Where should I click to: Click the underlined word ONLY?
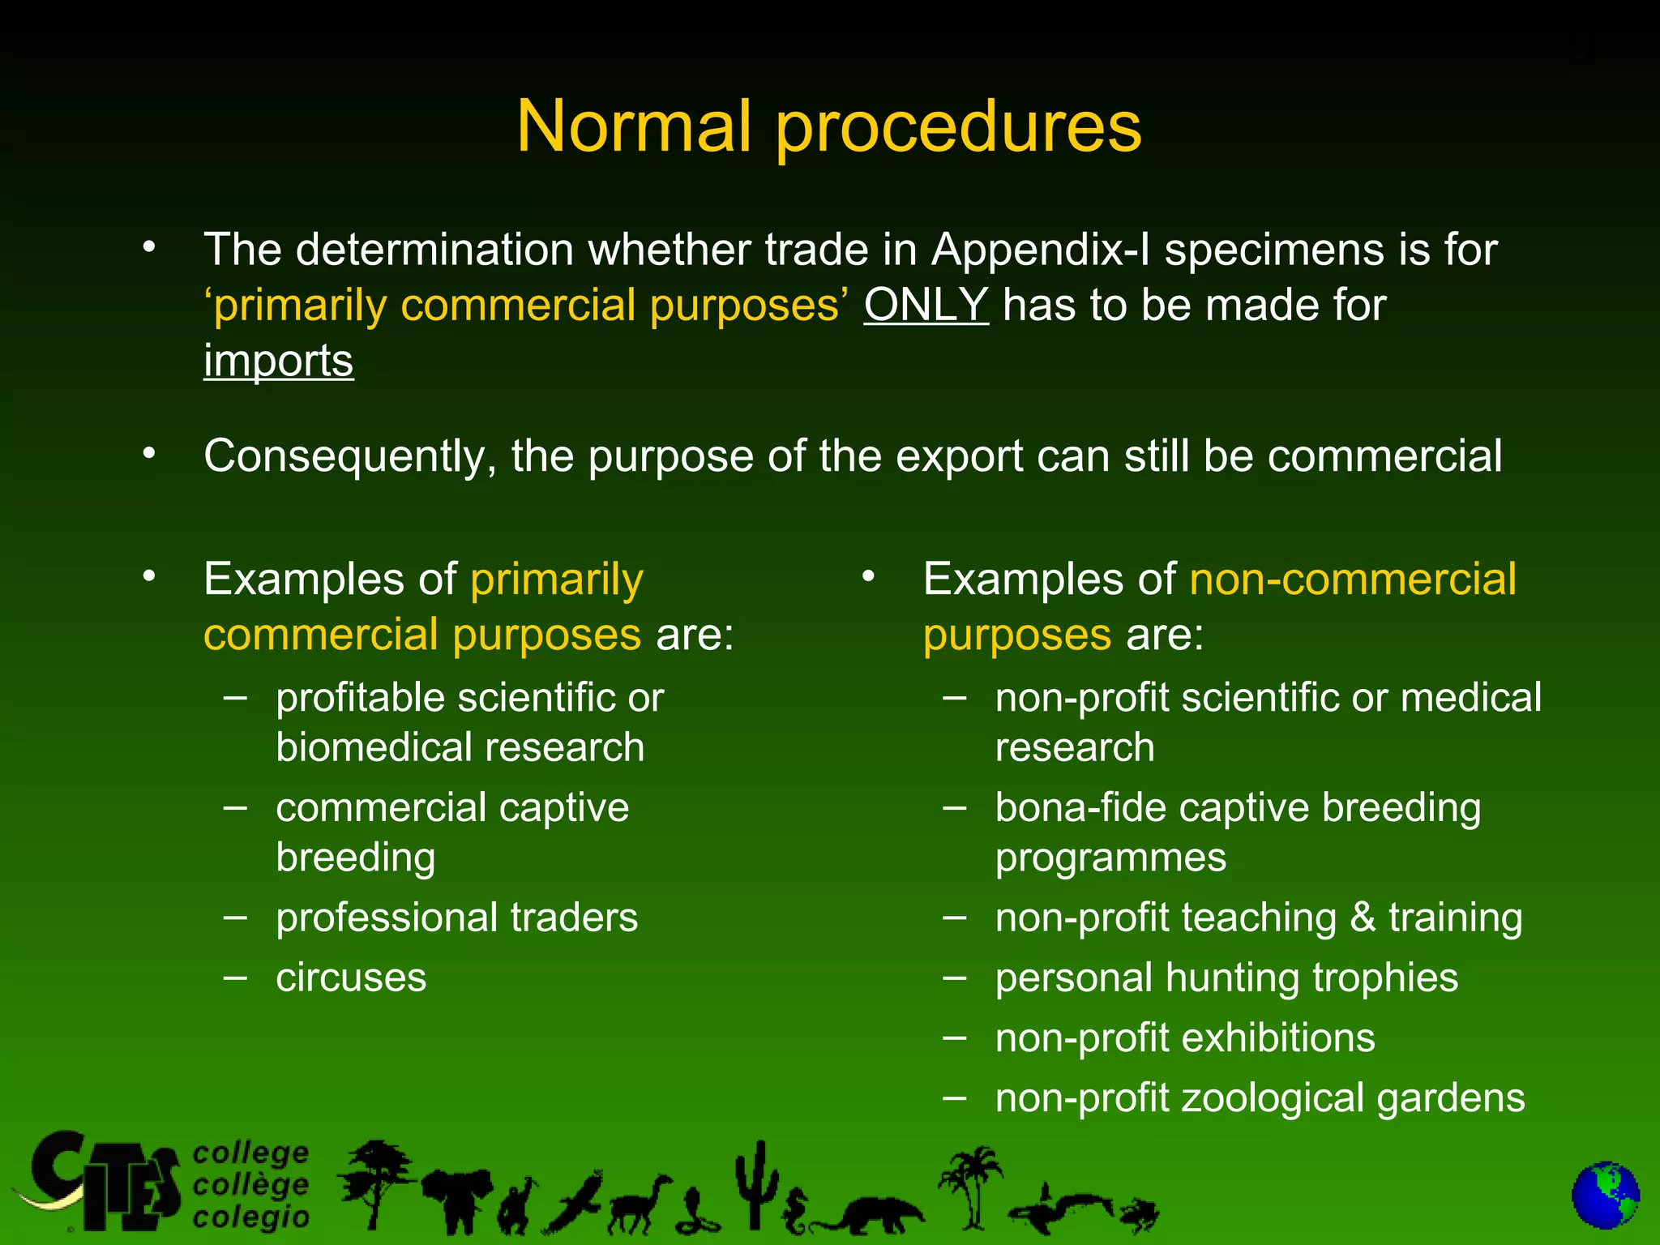click(x=926, y=306)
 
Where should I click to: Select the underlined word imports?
click(x=278, y=361)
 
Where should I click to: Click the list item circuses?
click(x=350, y=978)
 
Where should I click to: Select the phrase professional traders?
click(x=456, y=918)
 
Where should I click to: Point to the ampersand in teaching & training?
click(x=1363, y=918)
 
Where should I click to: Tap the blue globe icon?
click(x=1605, y=1196)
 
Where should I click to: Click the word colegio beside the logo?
click(x=251, y=1217)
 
